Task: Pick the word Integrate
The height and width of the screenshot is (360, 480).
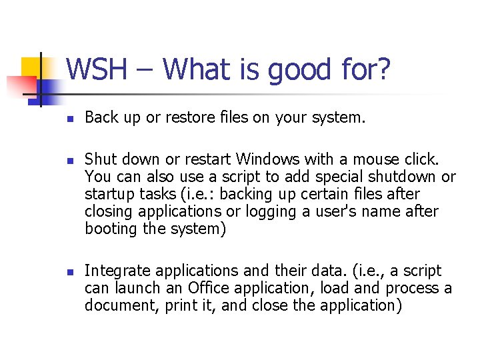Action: point(117,271)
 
